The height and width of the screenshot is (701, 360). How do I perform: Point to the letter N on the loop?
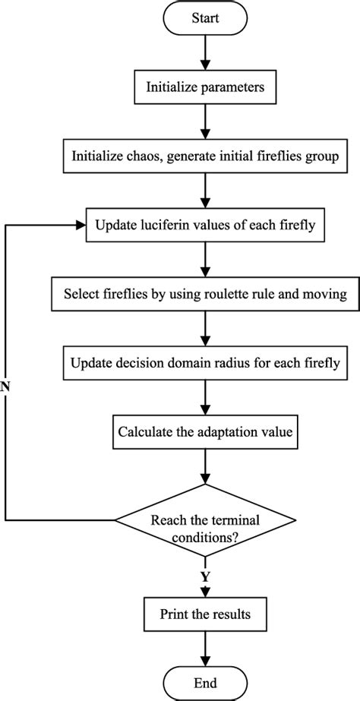[6, 385]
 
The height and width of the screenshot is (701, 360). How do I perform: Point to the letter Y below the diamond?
[204, 576]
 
